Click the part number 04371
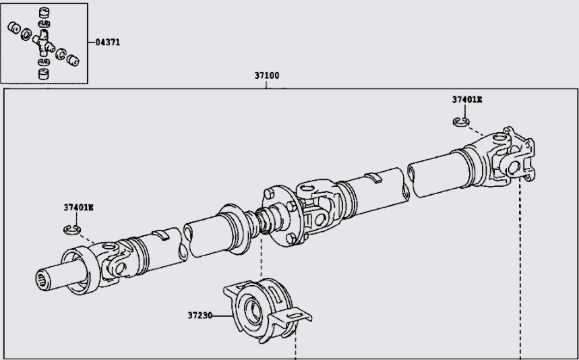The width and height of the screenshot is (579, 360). pos(108,42)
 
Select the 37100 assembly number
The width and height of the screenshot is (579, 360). pos(267,76)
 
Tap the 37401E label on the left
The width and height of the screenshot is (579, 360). pos(78,207)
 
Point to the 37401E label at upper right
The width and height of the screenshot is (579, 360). pos(467,99)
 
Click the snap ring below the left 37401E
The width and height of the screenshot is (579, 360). pos(72,231)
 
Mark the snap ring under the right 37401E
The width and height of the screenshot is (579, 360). pos(460,121)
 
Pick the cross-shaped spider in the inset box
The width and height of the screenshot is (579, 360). pos(44,42)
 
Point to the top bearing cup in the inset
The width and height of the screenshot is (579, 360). pos(45,12)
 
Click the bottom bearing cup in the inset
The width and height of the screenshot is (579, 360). pos(44,73)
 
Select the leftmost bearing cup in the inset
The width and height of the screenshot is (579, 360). pos(13,28)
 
